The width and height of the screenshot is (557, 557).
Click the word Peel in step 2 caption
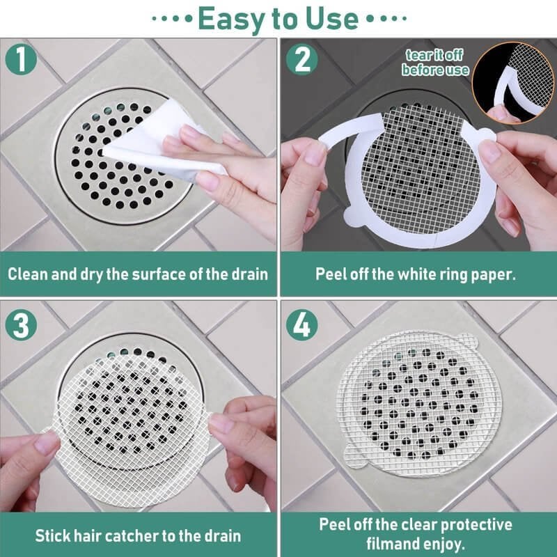point(332,273)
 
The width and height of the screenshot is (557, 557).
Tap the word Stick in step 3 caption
point(52,536)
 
